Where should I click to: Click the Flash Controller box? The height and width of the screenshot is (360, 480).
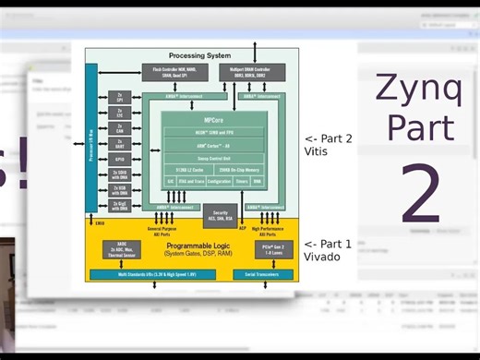pos(173,72)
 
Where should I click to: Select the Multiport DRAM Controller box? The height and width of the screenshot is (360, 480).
pos(252,72)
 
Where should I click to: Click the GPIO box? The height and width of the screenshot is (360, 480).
pos(119,158)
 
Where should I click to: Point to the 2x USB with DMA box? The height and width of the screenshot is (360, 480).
pos(119,189)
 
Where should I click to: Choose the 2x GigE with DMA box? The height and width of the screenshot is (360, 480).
pos(119,206)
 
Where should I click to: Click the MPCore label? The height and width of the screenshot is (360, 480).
pos(213,120)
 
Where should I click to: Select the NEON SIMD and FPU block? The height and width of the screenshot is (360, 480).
pos(213,132)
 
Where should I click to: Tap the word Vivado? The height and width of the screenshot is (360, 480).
pos(322,257)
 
